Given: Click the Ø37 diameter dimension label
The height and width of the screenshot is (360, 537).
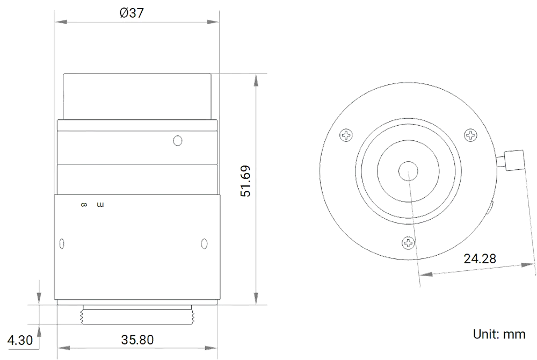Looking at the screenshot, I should [132, 13].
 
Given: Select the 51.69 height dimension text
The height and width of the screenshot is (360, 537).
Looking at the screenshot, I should [246, 182].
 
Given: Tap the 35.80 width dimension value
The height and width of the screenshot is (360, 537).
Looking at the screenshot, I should [137, 340].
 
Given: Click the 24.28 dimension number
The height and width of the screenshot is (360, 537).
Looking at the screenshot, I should [480, 259].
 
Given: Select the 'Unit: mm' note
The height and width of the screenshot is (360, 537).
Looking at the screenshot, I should [499, 334].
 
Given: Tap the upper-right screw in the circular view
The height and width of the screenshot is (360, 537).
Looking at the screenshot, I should [470, 134].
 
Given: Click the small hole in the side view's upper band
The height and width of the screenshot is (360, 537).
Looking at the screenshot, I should [178, 140].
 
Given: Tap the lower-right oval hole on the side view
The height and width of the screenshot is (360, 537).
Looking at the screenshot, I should [204, 243].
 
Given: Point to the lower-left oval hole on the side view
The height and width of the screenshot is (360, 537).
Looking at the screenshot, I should [61, 244].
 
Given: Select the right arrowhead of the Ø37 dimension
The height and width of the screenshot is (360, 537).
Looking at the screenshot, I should [214, 22].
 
